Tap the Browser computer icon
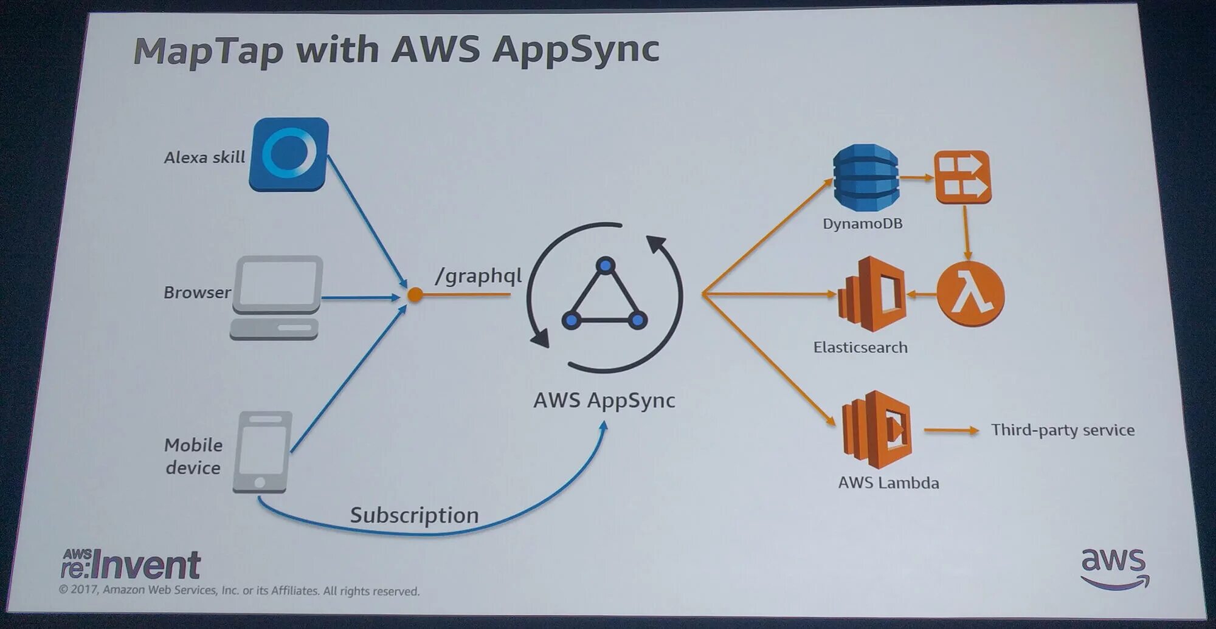[x=277, y=297]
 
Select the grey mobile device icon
[x=262, y=452]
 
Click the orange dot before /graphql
[x=415, y=295]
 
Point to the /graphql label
[x=478, y=276]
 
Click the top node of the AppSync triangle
[x=606, y=266]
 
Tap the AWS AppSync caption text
[x=604, y=400]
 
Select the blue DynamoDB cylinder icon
[x=865, y=177]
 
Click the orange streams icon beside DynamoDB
[x=962, y=177]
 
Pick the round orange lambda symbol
[x=970, y=295]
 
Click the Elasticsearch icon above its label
[x=872, y=294]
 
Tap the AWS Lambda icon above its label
[x=877, y=430]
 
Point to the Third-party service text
[x=1063, y=430]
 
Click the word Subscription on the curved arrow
[x=415, y=515]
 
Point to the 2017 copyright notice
[x=239, y=591]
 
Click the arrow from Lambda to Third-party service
[x=951, y=430]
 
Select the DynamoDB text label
[x=862, y=224]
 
